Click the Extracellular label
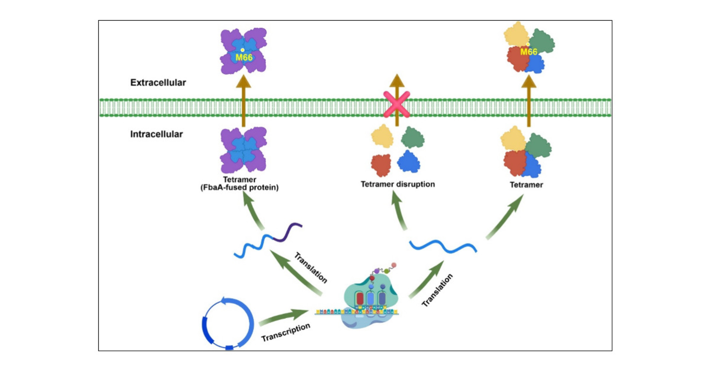tap(158, 83)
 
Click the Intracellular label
tap(156, 134)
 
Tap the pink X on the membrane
tap(397, 104)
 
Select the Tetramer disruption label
tap(398, 184)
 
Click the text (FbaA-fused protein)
tap(240, 188)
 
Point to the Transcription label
tap(285, 332)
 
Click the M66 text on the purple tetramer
tap(244, 57)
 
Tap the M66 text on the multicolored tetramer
tap(529, 52)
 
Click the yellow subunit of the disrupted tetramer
tap(382, 136)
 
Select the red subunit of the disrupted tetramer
tap(381, 165)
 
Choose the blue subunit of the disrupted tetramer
tap(409, 162)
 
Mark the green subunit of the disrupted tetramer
tap(413, 138)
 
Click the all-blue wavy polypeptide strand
tap(443, 246)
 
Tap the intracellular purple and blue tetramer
tap(244, 150)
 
